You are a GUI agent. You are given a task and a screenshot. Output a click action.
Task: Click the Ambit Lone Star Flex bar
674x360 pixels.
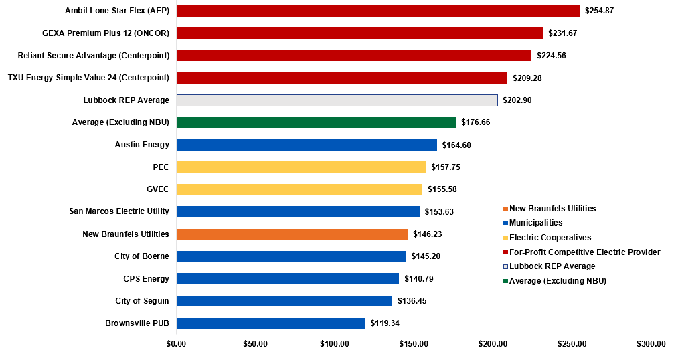pos(377,11)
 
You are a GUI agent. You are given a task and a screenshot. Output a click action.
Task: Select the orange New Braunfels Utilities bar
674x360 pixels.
pos(292,234)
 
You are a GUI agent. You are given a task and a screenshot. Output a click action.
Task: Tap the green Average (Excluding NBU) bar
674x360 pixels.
pos(316,122)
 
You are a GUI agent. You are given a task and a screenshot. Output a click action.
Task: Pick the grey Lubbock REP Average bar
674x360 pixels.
pos(337,100)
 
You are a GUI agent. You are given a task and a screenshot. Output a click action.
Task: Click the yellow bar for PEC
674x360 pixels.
pos(301,167)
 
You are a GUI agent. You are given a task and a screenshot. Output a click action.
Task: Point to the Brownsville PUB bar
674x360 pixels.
pos(270,323)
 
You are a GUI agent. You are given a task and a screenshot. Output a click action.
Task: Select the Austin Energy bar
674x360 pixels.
pos(307,145)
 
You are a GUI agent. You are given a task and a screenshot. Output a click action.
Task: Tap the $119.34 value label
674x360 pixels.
pos(385,323)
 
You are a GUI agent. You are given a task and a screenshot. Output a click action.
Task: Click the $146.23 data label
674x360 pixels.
pos(427,234)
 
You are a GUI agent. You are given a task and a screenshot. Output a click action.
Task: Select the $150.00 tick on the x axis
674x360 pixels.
pos(414,344)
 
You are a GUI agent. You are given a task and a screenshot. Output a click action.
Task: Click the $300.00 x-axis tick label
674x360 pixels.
pos(652,344)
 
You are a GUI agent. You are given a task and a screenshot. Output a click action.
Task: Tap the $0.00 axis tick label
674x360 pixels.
pos(176,344)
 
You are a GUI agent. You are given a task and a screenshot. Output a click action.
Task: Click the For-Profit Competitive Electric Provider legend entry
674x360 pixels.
pos(584,252)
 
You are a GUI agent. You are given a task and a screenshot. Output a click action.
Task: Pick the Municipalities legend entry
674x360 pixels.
pos(535,223)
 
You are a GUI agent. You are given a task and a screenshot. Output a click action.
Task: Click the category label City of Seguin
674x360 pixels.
pos(142,301)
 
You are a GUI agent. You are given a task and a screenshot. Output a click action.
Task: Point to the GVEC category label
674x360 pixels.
pos(158,189)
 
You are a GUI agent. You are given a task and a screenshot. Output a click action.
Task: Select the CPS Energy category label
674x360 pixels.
pos(146,278)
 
